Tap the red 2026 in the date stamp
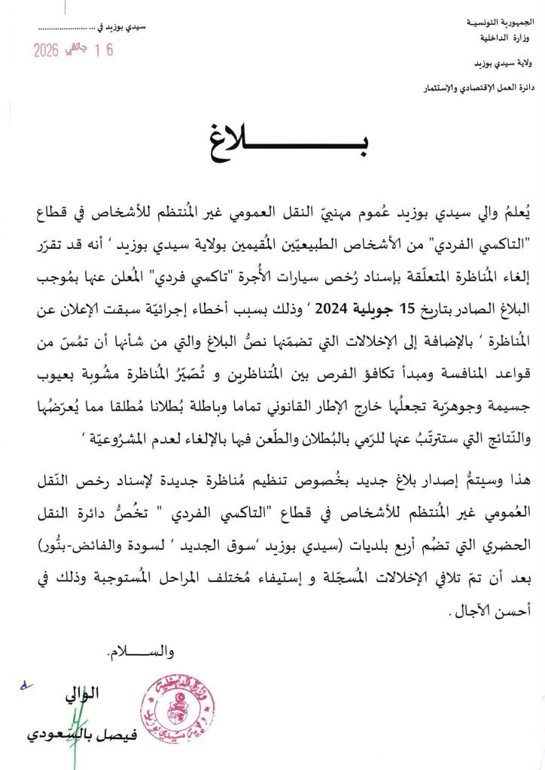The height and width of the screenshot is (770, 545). click(50, 50)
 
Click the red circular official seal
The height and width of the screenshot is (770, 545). click(178, 707)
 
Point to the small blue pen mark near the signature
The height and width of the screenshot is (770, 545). click(28, 687)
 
